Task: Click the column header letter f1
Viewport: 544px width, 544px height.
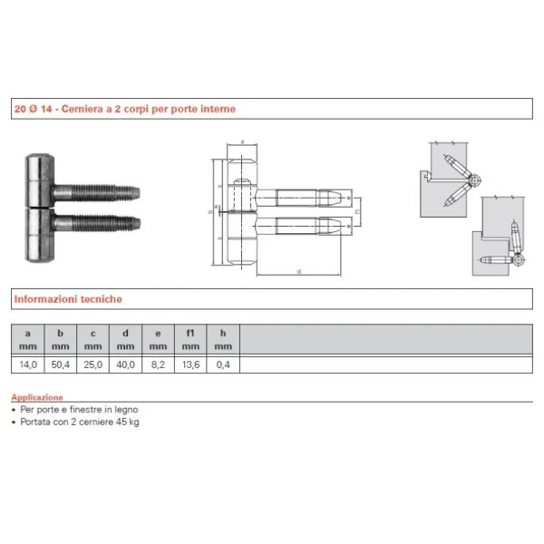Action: pos(190,333)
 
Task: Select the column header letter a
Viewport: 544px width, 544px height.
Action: pos(27,333)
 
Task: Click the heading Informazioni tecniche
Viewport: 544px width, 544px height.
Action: pos(67,298)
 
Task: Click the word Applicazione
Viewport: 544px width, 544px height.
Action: pos(37,397)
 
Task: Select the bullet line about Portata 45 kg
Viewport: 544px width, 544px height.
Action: pos(78,421)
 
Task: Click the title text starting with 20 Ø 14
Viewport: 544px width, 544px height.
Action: pos(124,109)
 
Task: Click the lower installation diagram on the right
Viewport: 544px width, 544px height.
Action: pos(498,238)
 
